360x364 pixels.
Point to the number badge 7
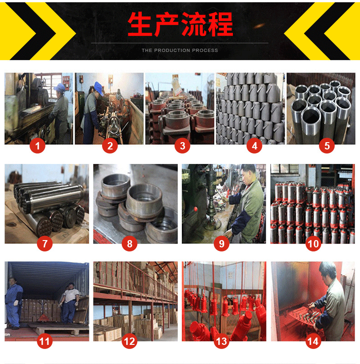coord(45,244)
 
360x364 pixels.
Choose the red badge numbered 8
coord(129,244)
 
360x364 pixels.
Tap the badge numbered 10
coord(314,244)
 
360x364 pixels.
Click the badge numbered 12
coord(129,341)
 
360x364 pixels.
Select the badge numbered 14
coord(314,341)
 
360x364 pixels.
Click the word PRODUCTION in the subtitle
coord(171,51)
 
